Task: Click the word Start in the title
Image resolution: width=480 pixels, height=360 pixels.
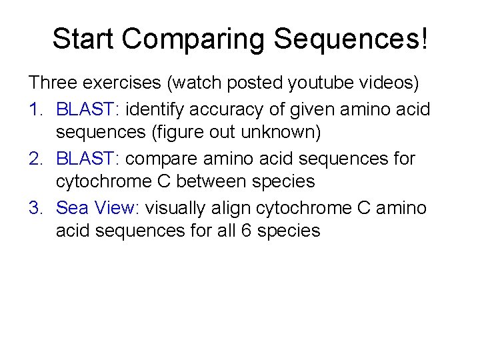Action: tap(83, 39)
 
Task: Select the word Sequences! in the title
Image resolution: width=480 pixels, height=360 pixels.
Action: tap(350, 39)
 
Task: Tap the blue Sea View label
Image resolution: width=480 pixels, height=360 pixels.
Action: tap(96, 208)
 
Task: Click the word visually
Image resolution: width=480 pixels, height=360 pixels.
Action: tap(177, 208)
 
